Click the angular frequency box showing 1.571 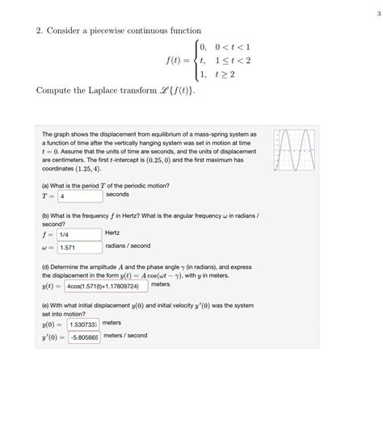[x=79, y=247]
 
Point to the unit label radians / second [x=128, y=246]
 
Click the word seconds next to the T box [x=117, y=195]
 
